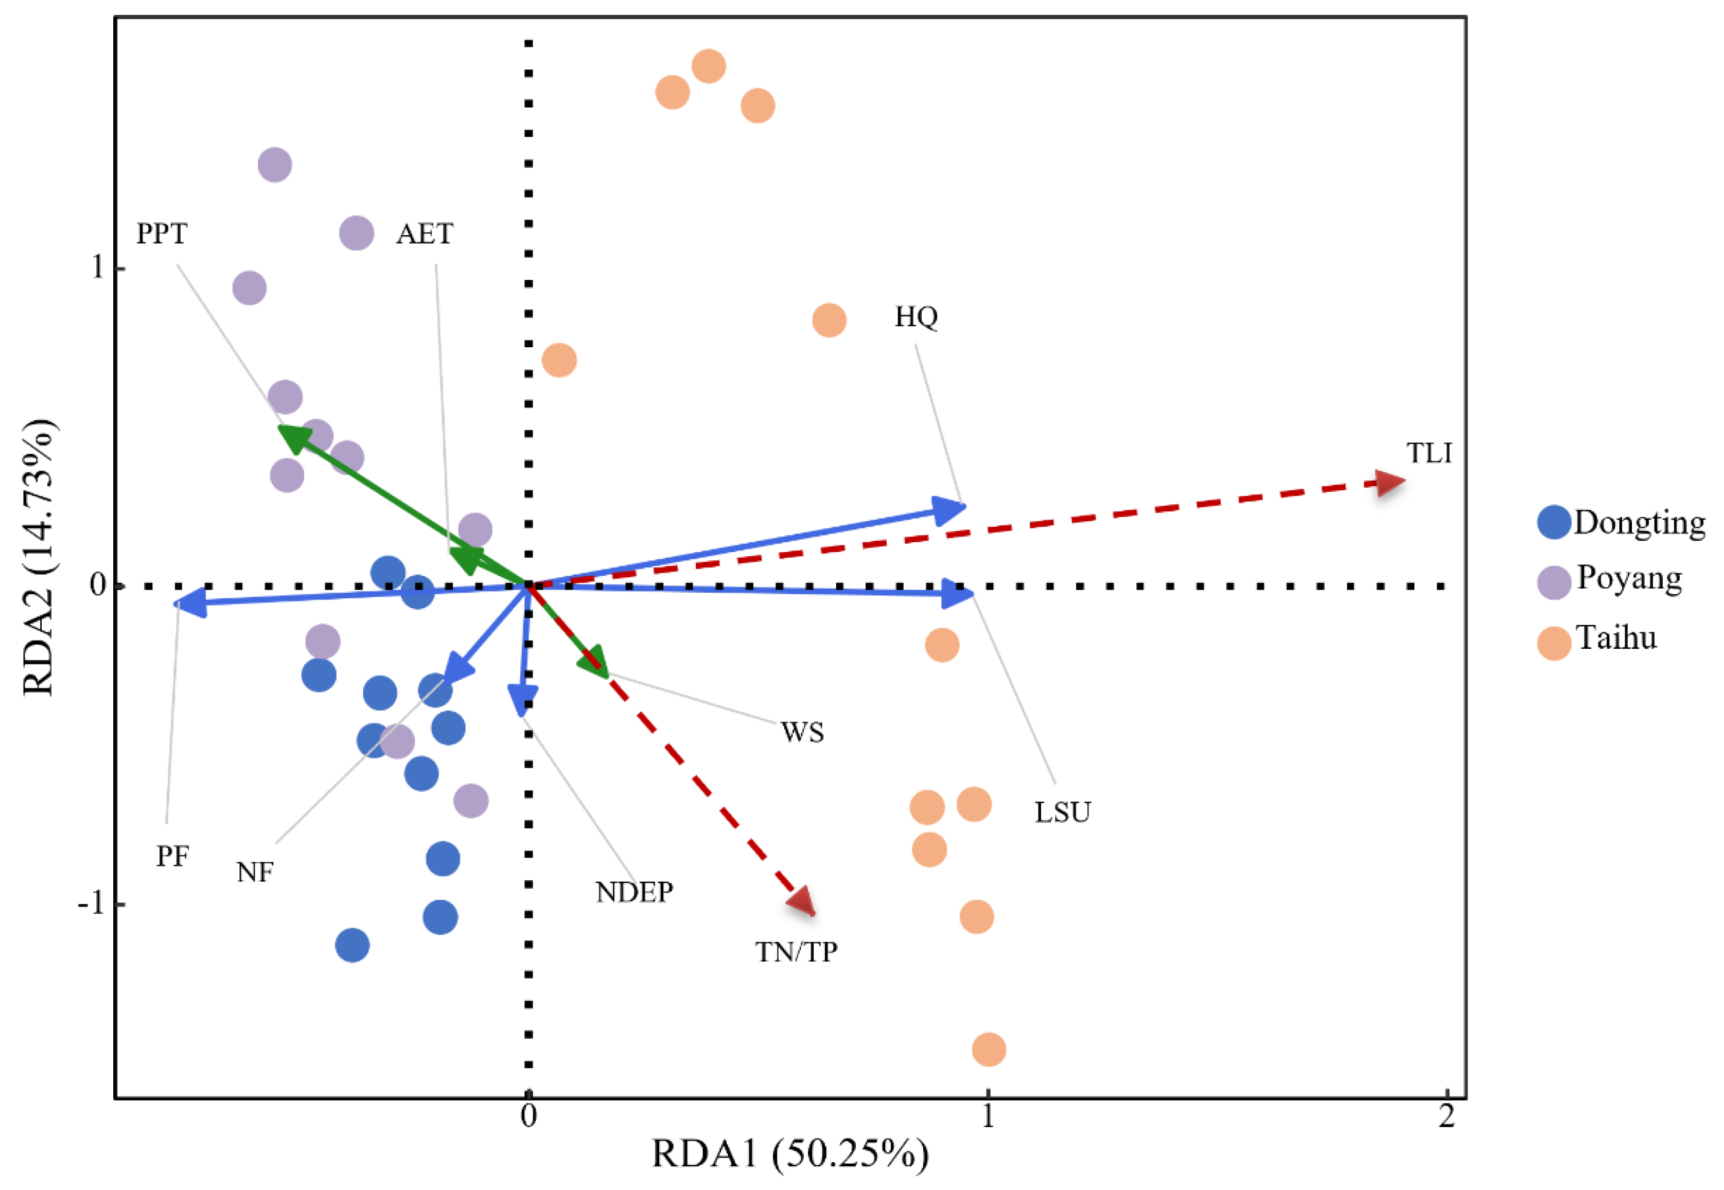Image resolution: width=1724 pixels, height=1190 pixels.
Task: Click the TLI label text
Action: coord(1429,453)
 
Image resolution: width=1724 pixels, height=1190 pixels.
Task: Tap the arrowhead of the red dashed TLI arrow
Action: coord(1391,483)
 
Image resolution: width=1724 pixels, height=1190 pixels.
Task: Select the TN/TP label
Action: coord(796,952)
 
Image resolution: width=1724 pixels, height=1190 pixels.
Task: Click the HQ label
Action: coord(916,317)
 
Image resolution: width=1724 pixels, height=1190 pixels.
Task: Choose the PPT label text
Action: coord(162,234)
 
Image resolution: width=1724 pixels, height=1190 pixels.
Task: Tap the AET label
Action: coord(424,234)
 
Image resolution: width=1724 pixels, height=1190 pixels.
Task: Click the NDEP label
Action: coord(635,892)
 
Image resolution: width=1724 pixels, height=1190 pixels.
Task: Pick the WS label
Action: coord(802,732)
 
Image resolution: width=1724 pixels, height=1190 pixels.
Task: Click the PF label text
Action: coord(172,856)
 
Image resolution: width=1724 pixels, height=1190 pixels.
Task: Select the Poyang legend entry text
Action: coord(1629,579)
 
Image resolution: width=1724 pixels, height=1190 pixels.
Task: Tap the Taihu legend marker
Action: coord(1554,643)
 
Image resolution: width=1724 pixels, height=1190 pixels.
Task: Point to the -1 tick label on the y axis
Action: coord(91,903)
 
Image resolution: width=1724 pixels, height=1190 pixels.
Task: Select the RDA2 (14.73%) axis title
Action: coord(39,558)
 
